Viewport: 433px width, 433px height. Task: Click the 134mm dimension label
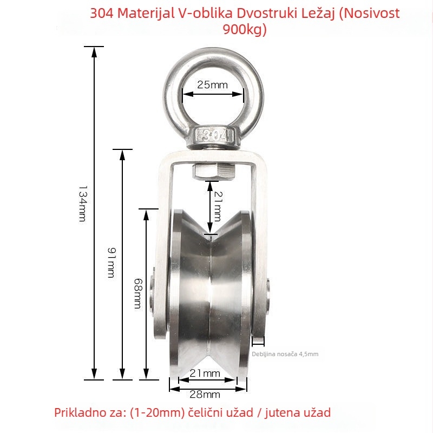click(x=83, y=204)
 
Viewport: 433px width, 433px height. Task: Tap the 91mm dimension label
click(x=111, y=263)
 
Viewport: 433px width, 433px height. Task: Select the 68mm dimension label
click(x=138, y=293)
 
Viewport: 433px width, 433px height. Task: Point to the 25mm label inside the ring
click(x=212, y=85)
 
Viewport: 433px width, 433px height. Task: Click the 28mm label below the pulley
click(x=205, y=395)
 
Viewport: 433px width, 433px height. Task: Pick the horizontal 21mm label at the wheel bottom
click(x=205, y=373)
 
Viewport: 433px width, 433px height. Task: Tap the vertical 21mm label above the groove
click(x=218, y=206)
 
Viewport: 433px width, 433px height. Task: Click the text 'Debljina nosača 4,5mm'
click(x=285, y=354)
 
